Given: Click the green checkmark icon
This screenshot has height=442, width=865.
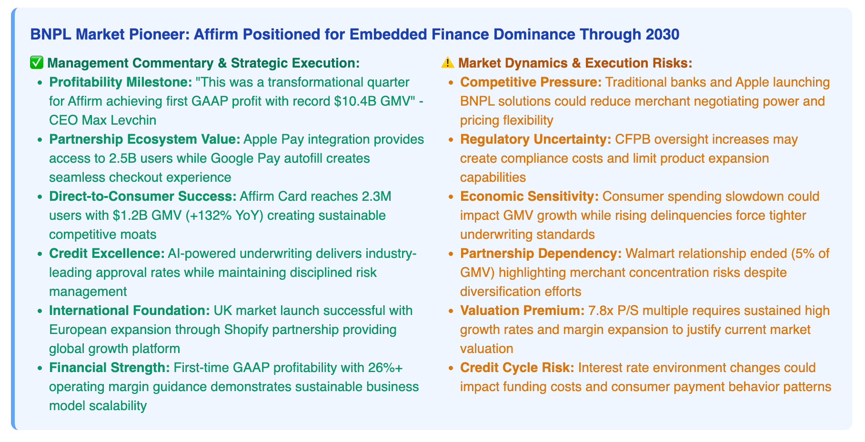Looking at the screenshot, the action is [x=37, y=63].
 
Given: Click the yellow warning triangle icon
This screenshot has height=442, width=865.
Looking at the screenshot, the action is [x=447, y=63].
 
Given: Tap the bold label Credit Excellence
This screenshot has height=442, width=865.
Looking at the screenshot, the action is [x=107, y=254].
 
